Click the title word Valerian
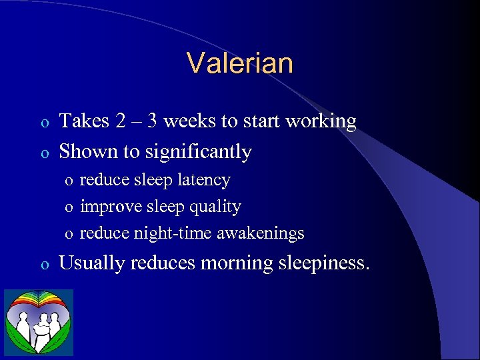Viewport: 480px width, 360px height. [x=240, y=63]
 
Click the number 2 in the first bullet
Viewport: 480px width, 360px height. [x=119, y=121]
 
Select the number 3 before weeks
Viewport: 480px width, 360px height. [x=152, y=121]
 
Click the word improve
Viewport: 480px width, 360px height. [x=108, y=207]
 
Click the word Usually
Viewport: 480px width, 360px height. [x=93, y=263]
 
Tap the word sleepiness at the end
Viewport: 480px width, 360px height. [x=322, y=263]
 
